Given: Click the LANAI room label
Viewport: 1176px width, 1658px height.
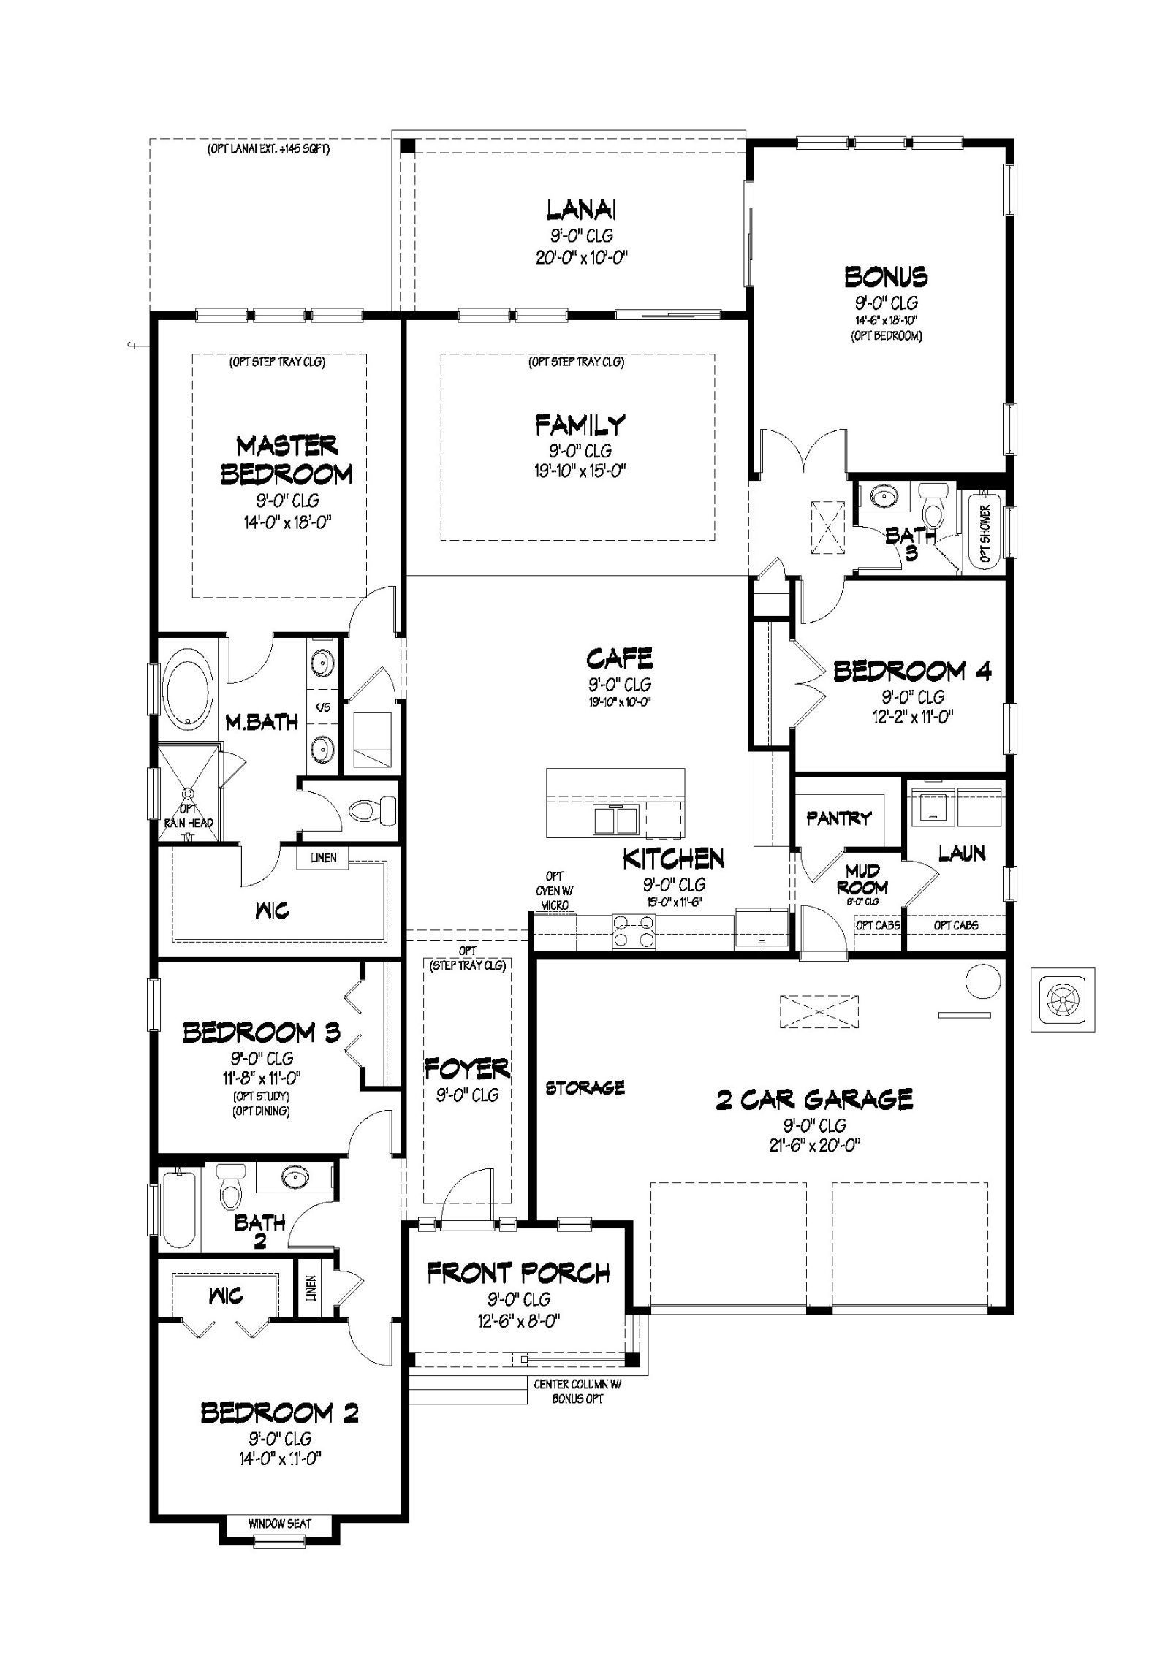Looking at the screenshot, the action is pos(581,210).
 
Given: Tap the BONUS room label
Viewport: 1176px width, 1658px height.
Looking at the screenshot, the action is pos(887,277).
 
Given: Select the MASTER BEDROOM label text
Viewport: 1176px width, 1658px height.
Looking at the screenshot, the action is pos(287,460).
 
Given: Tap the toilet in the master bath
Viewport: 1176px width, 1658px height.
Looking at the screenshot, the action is pos(371,809).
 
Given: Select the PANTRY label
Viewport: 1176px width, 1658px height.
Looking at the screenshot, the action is pos(839,818).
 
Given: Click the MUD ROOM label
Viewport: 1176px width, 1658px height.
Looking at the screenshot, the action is pos(867,879).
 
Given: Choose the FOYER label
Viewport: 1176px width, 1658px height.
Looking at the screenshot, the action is pos(467,1069).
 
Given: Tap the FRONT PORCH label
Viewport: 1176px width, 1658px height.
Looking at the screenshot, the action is pos(518,1274).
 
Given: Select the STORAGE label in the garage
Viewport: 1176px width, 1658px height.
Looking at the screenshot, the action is pos(585,1088).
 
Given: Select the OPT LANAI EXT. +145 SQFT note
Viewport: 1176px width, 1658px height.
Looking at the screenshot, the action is pos(268,151).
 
